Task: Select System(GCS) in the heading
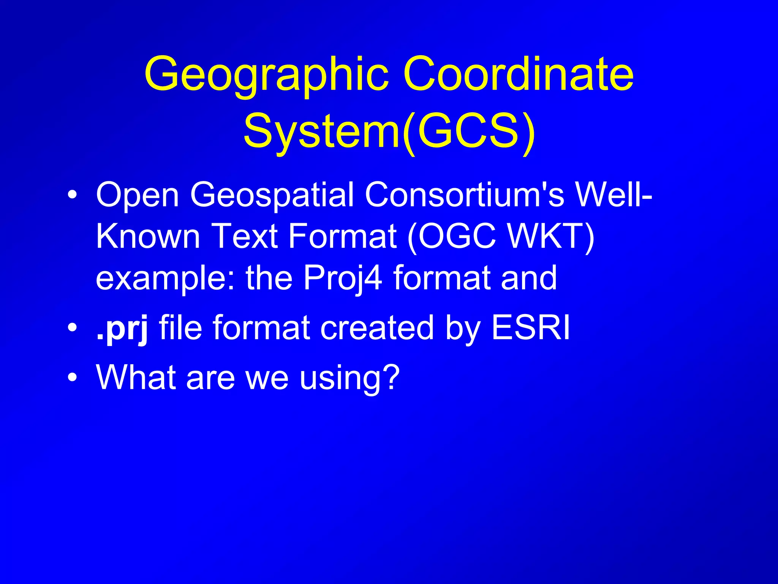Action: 389,131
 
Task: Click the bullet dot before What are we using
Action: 72,378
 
